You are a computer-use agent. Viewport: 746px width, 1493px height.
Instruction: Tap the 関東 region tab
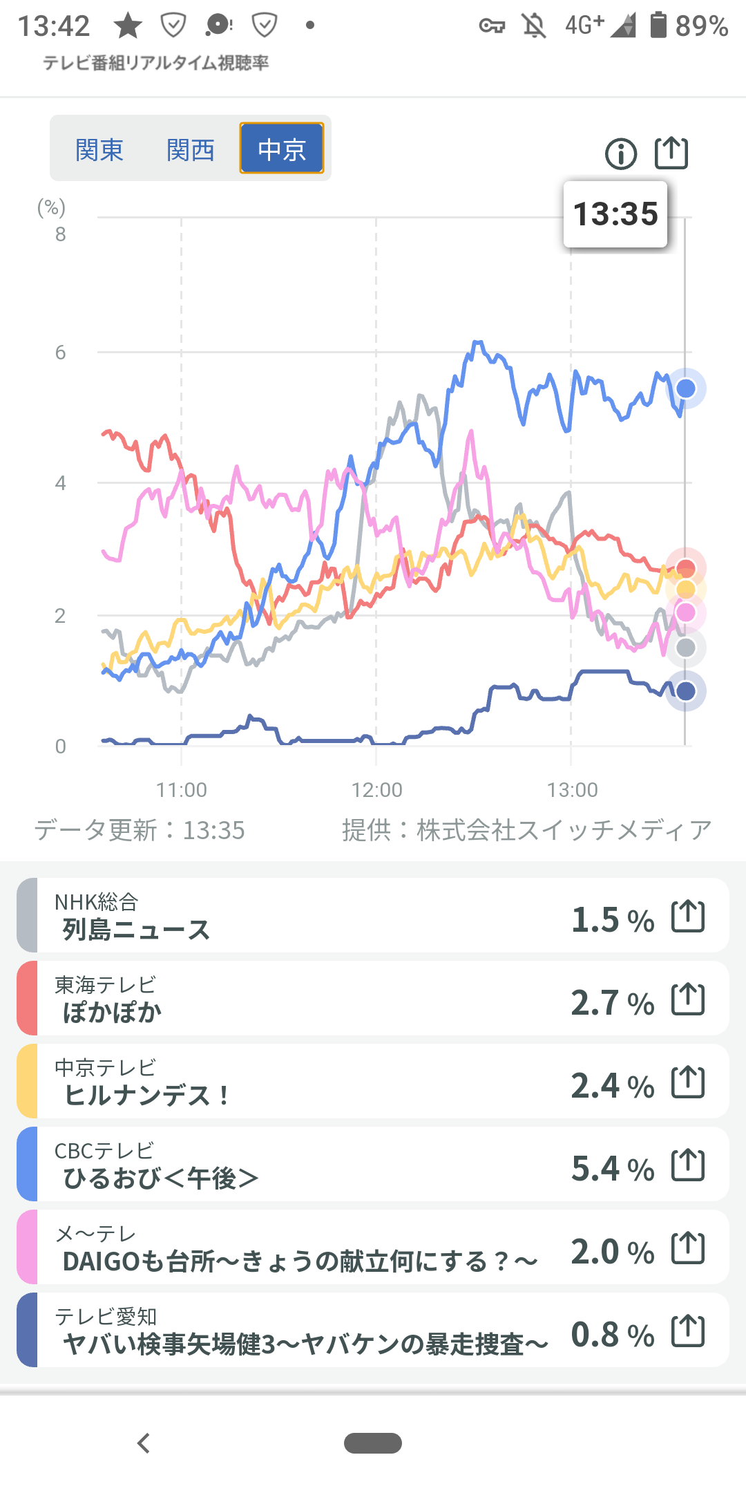point(99,149)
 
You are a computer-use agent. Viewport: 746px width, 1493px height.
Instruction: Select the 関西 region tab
point(191,149)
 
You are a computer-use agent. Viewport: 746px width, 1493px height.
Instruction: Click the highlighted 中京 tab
point(282,149)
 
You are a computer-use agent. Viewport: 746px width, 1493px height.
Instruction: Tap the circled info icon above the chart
point(621,153)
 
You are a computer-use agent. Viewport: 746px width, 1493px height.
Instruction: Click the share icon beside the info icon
point(671,153)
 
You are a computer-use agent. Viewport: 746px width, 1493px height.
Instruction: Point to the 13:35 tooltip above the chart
point(615,214)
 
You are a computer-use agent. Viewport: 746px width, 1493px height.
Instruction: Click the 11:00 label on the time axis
point(182,789)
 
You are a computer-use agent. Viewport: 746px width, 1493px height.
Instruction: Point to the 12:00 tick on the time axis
point(376,789)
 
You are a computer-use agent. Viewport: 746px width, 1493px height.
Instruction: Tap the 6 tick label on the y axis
point(61,353)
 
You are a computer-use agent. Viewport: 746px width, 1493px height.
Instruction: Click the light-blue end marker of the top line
point(686,388)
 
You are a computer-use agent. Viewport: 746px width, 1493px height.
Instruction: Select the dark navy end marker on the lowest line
point(686,691)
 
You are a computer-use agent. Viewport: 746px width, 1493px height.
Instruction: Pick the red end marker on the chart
point(686,568)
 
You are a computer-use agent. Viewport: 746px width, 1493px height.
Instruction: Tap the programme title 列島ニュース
point(136,930)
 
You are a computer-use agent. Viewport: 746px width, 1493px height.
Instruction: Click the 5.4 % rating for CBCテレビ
point(613,1169)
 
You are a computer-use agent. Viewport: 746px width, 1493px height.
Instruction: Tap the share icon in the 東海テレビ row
point(688,999)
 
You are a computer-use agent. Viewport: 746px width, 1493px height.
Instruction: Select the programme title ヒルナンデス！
point(147,1096)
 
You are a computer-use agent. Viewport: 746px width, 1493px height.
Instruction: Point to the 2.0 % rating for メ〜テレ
point(613,1252)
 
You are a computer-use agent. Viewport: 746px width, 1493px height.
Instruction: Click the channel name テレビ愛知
point(106,1316)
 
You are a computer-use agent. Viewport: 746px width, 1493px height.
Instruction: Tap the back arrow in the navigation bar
point(144,1443)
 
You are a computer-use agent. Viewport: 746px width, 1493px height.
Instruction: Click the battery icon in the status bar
point(658,26)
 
